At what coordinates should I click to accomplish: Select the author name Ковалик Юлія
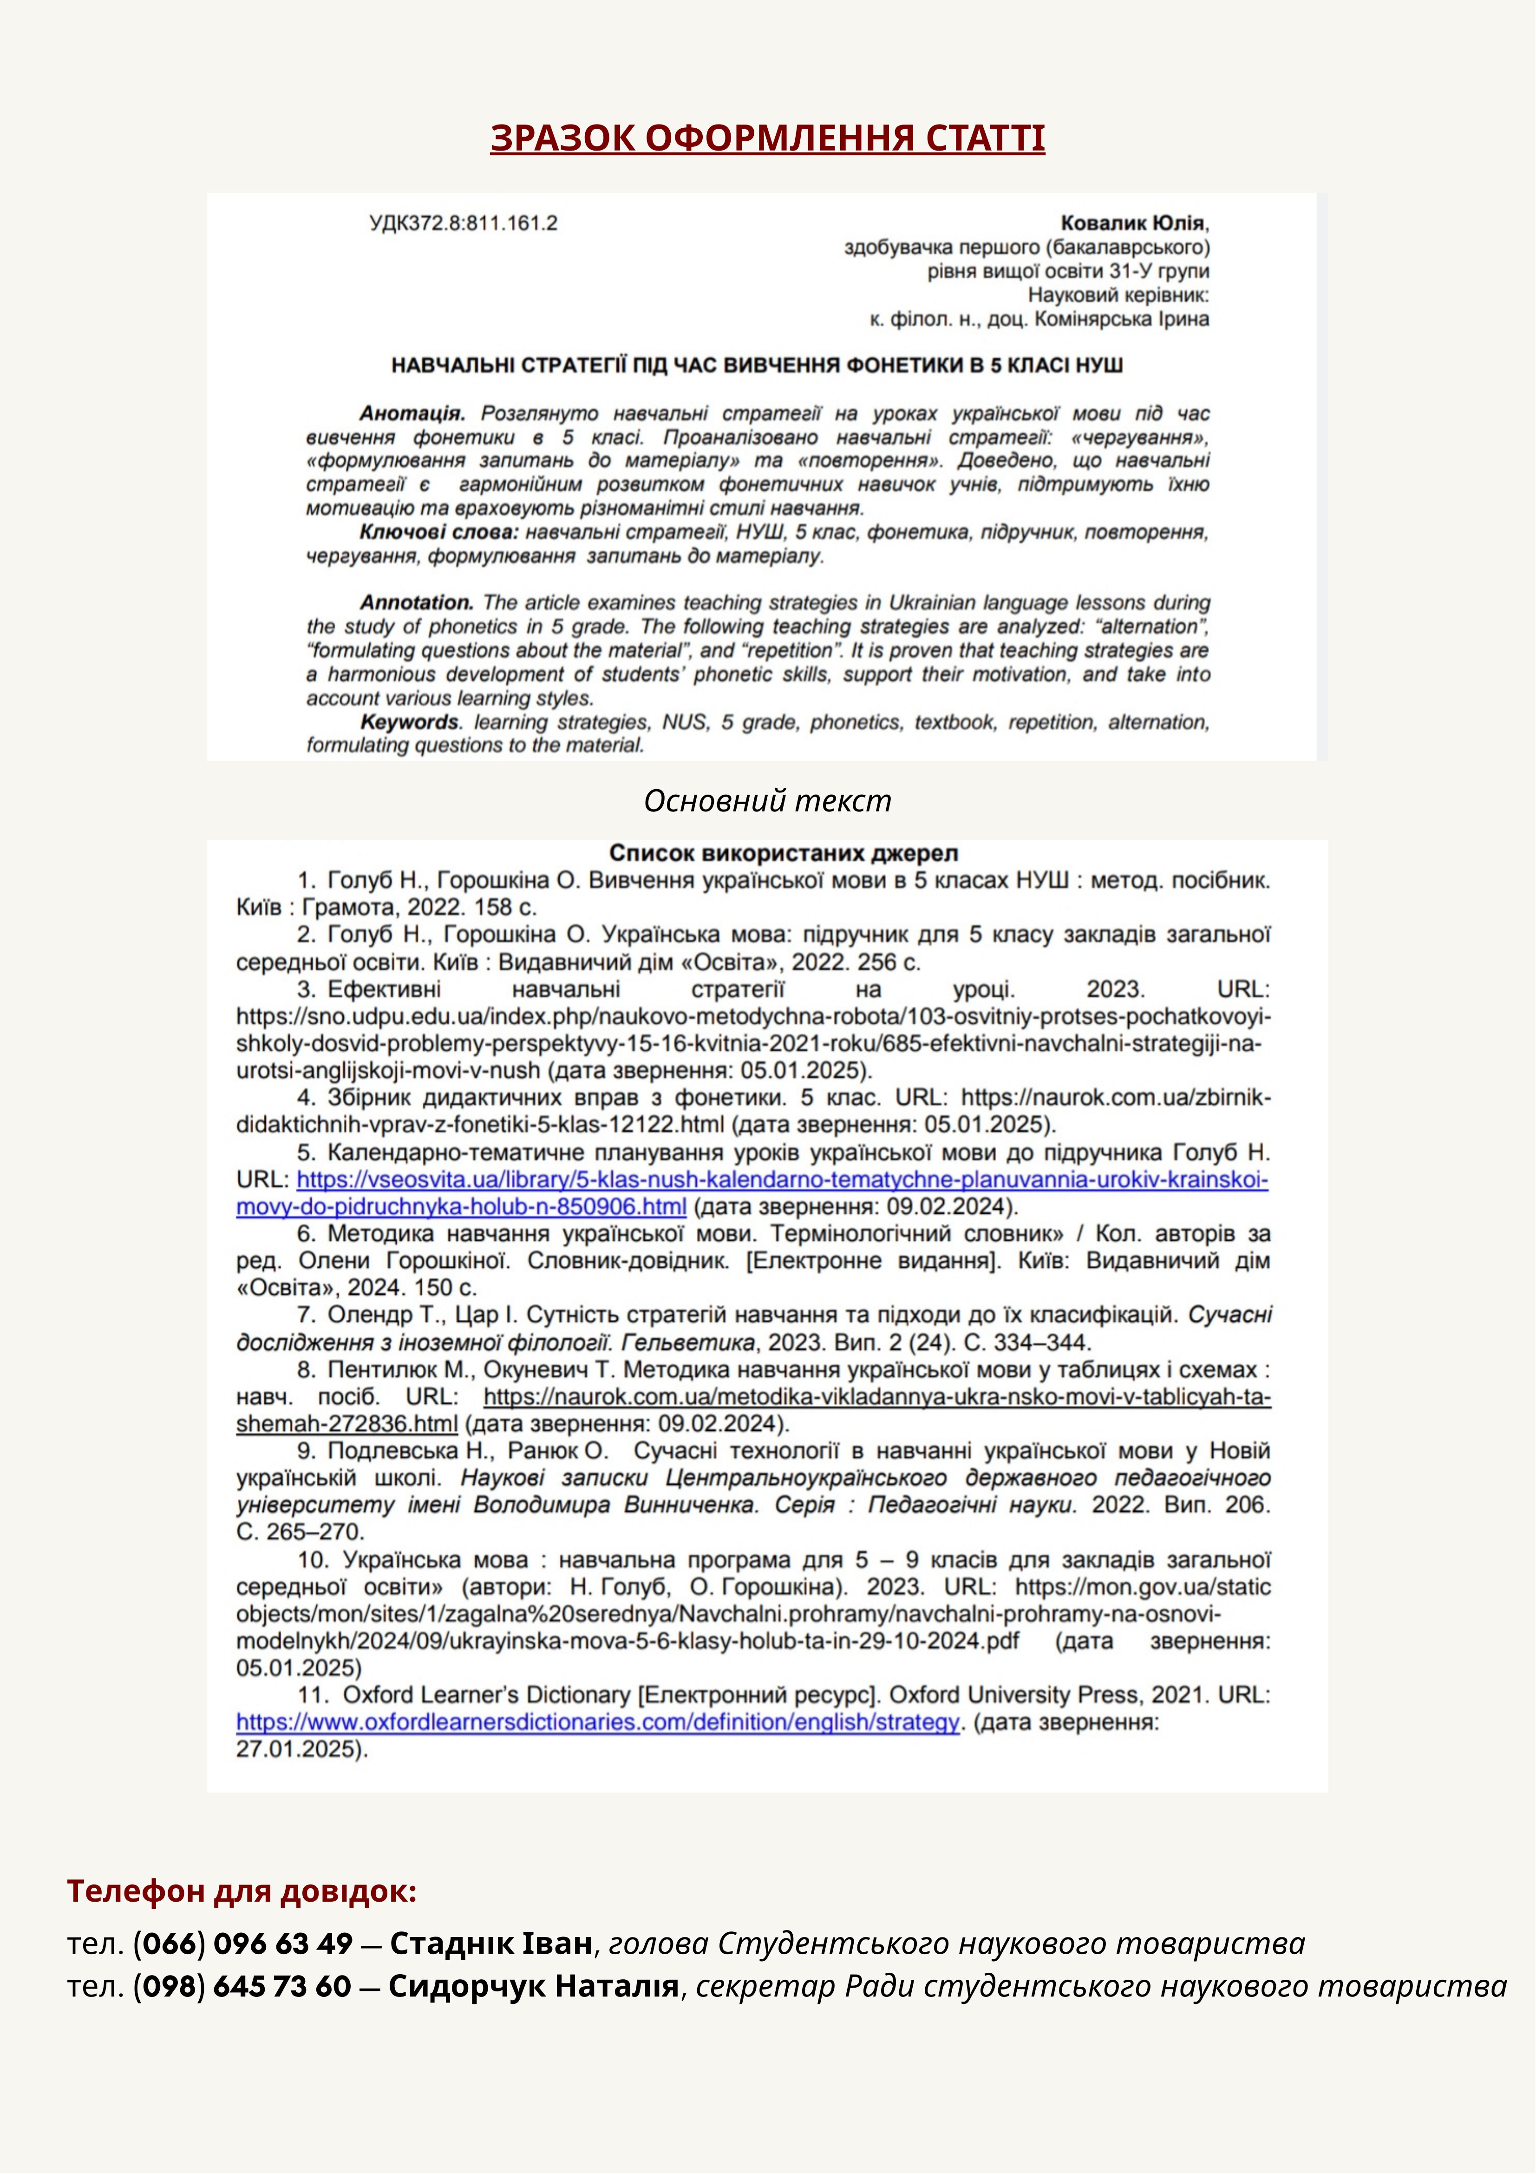coord(1134,224)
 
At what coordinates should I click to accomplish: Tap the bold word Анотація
coord(412,414)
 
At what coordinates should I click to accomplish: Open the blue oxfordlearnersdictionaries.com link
coord(598,1722)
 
